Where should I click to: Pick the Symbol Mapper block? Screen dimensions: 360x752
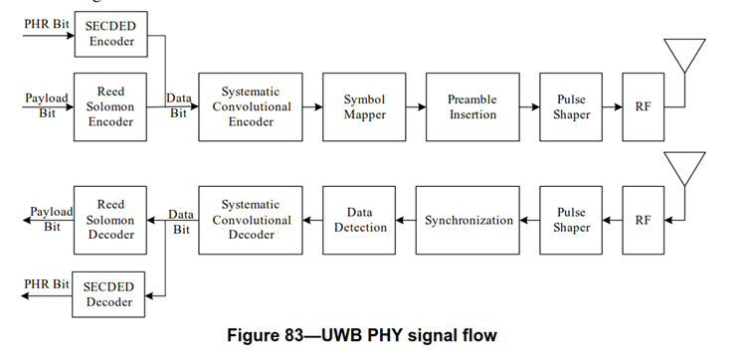(365, 106)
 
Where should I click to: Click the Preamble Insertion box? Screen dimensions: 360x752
(473, 106)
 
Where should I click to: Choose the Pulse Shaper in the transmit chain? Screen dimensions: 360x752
(571, 106)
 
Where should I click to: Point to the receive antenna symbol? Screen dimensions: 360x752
(685, 172)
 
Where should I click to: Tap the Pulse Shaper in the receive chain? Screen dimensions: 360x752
(571, 220)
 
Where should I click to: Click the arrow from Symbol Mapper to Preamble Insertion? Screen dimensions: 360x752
(416, 106)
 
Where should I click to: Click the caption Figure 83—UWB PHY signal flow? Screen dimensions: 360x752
(373, 336)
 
